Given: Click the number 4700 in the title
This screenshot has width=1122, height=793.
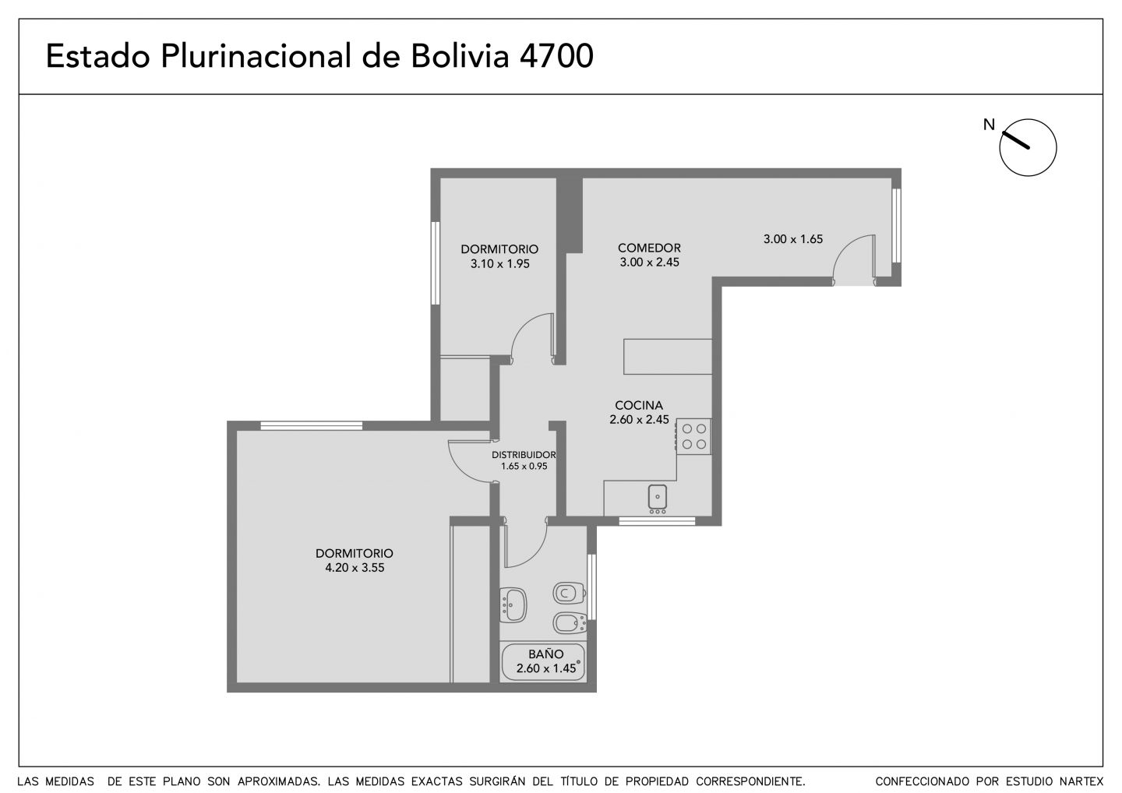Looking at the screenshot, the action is pos(556,55).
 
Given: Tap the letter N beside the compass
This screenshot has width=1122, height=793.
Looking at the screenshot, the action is pos(989,125).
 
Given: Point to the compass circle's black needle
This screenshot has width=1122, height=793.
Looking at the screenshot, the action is pos(1015,140).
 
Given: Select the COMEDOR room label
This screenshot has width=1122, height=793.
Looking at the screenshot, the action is pos(649,248).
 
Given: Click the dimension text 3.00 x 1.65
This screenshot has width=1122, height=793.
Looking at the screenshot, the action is pos(793,239).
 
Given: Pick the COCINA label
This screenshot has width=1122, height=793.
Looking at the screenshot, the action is pos(639,405).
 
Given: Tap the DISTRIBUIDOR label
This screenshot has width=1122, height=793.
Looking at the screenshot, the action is pos(524,455).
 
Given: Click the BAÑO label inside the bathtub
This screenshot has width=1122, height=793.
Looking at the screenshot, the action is pos(545,654).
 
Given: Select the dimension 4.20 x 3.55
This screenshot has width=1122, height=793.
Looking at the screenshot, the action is pos(355,568).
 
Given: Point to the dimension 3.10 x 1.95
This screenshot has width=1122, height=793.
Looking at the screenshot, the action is pos(499,264).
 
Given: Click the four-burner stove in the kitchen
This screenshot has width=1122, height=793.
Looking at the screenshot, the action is pos(693,436).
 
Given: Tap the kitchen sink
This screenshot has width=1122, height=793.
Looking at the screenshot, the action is pos(657,498).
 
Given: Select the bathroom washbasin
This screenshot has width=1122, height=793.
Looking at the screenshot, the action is pos(513,604).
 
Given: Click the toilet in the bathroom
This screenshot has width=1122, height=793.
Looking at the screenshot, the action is pos(569,594).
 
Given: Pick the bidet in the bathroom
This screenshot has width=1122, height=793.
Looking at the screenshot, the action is pos(570,623).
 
